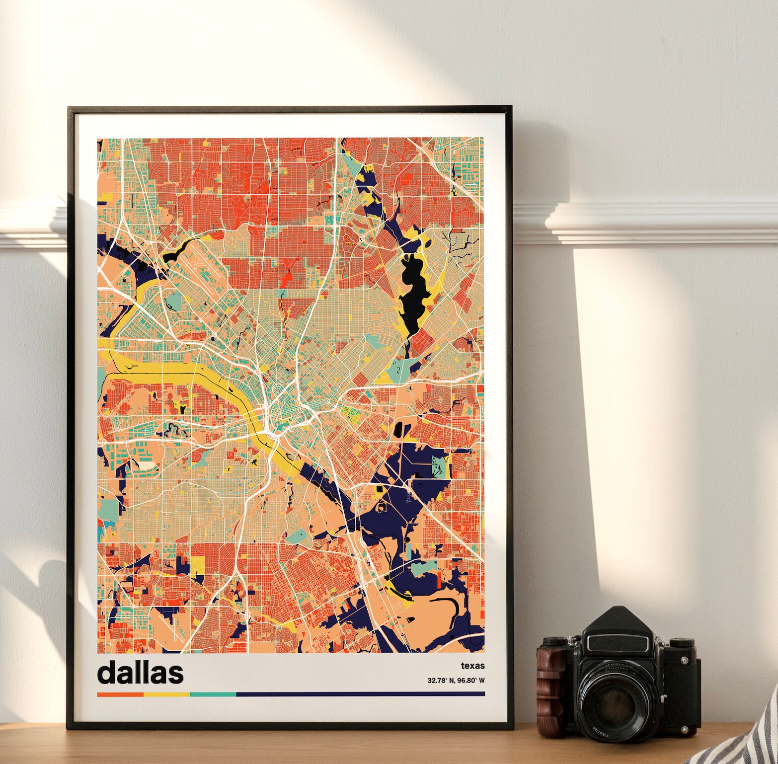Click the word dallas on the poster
pyautogui.click(x=140, y=672)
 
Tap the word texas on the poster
pyautogui.click(x=472, y=666)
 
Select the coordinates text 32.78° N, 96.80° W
pyautogui.click(x=456, y=681)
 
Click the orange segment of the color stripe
pyautogui.click(x=120, y=694)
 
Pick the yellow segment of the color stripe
pyautogui.click(x=166, y=694)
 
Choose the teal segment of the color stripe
pyautogui.click(x=213, y=694)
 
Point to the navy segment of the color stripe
pyautogui.click(x=360, y=694)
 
